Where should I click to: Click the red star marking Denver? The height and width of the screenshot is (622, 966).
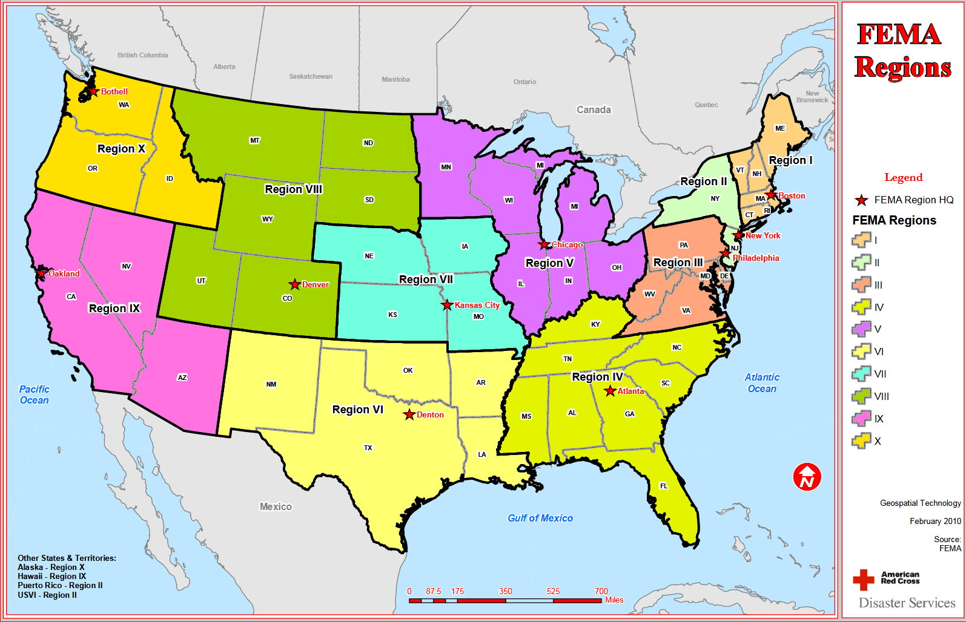tap(294, 284)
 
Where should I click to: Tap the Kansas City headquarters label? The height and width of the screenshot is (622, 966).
tap(477, 305)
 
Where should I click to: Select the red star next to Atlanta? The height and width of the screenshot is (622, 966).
tap(610, 391)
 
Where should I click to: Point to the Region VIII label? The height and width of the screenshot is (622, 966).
tap(294, 189)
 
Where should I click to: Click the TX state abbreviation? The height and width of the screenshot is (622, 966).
tap(368, 448)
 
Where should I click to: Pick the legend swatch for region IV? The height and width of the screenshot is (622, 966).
tap(861, 307)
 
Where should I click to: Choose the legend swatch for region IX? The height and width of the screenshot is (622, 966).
tap(861, 419)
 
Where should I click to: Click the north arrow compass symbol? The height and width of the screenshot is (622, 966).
tap(807, 477)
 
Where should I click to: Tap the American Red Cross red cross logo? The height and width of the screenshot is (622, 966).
tap(863, 580)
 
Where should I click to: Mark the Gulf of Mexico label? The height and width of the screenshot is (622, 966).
tap(540, 518)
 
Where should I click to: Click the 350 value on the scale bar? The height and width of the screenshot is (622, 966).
tap(505, 591)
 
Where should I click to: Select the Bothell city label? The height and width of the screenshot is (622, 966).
tap(114, 91)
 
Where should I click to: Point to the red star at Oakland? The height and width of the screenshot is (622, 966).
tap(41, 273)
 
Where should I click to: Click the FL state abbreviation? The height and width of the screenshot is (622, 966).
tap(664, 486)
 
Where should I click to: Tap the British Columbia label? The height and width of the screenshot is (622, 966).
tap(142, 55)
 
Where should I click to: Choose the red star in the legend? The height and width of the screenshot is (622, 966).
tap(861, 200)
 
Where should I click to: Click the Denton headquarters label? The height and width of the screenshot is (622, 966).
tap(430, 414)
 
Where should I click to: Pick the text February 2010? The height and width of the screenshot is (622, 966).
tap(935, 521)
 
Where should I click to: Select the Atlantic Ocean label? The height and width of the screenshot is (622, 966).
tap(762, 383)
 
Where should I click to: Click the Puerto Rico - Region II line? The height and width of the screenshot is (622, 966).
tap(60, 585)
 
